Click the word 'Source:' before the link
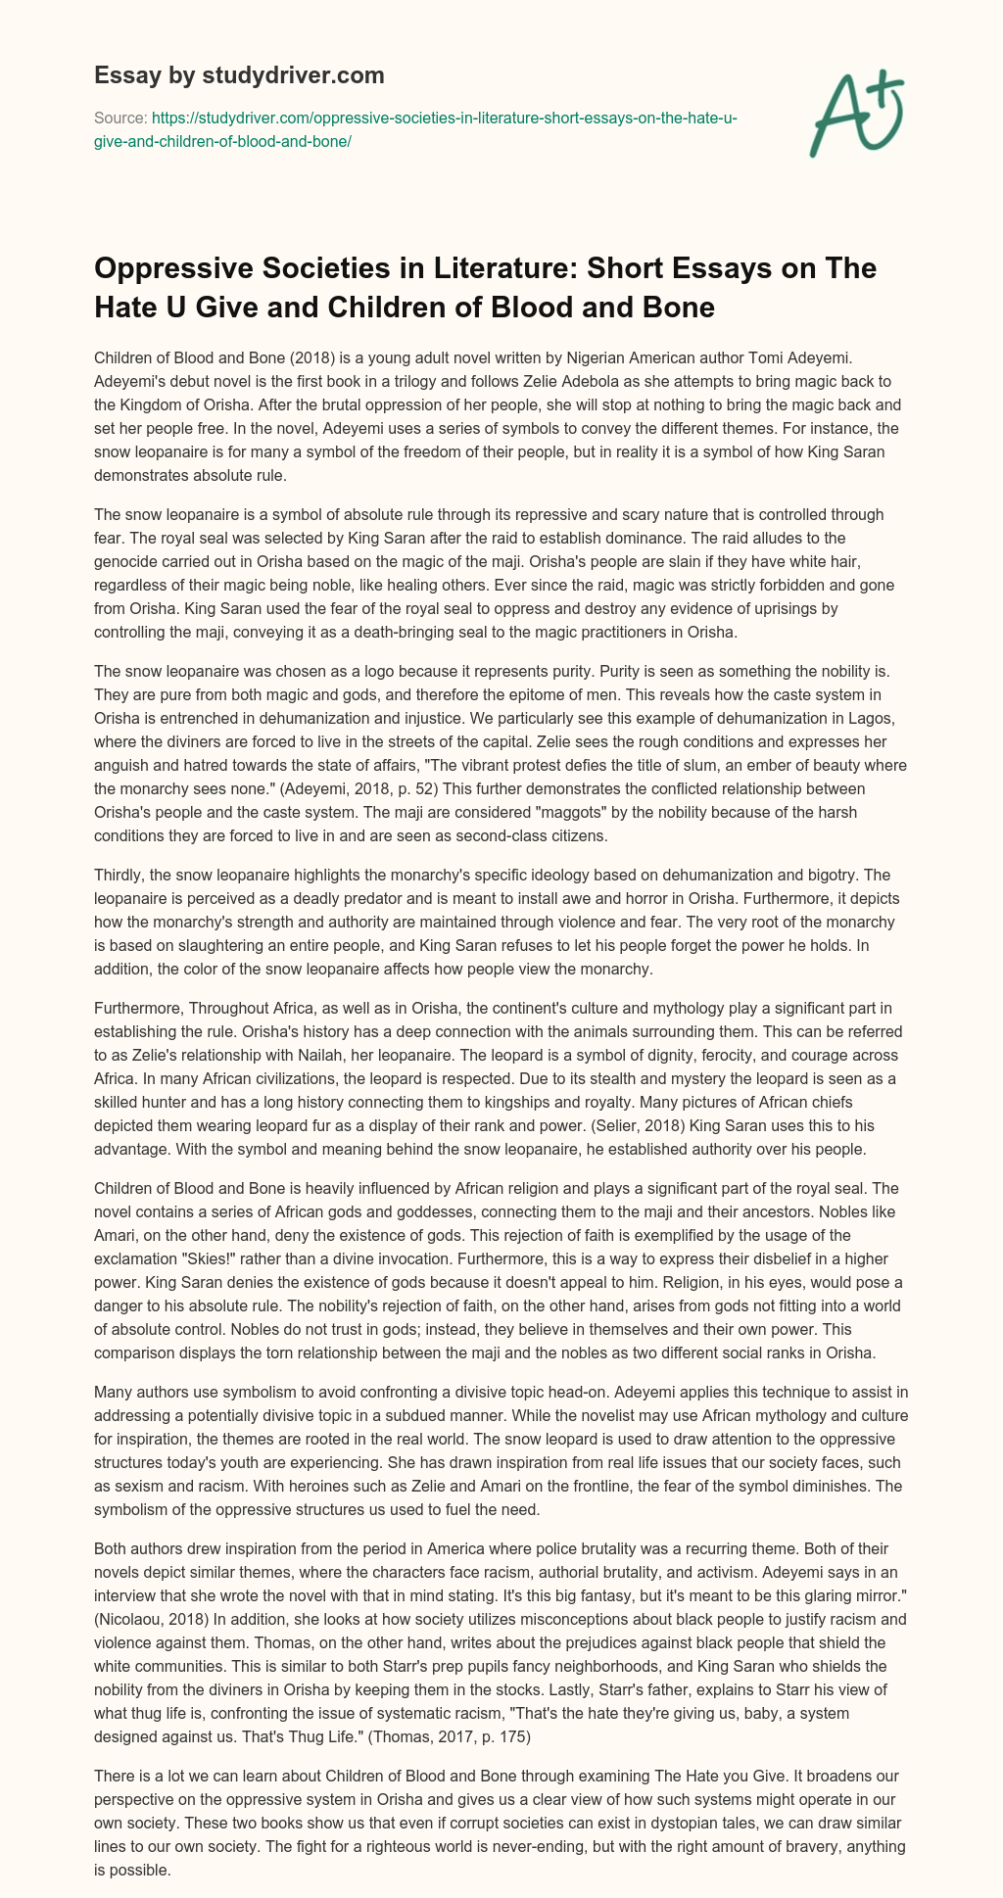(119, 119)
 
